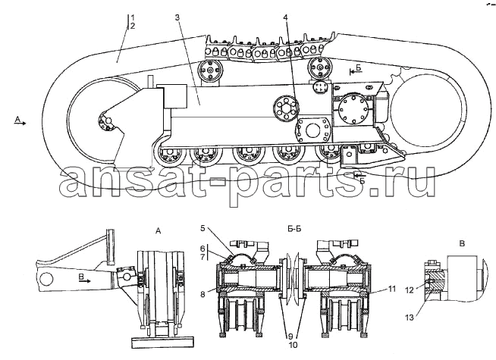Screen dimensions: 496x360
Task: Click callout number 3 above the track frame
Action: point(177,17)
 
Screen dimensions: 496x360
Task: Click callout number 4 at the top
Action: point(286,17)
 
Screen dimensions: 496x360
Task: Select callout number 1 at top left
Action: point(133,17)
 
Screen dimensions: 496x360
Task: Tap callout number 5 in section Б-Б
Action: point(202,227)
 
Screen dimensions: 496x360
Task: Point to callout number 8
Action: point(202,295)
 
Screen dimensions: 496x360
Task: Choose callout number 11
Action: point(392,289)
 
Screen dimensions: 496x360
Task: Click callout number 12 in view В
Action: point(410,290)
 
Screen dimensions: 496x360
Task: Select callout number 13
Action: point(410,318)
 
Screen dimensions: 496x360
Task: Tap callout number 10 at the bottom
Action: point(294,345)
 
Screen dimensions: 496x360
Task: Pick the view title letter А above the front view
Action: point(159,231)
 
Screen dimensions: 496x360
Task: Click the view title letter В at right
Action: point(462,244)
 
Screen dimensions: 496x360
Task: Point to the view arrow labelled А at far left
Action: point(20,121)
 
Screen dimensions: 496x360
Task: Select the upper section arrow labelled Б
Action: point(356,70)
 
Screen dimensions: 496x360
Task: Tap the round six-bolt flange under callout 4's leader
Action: point(286,108)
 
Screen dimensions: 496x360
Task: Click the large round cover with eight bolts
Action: point(353,108)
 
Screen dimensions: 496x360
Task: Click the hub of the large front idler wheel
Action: point(107,123)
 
